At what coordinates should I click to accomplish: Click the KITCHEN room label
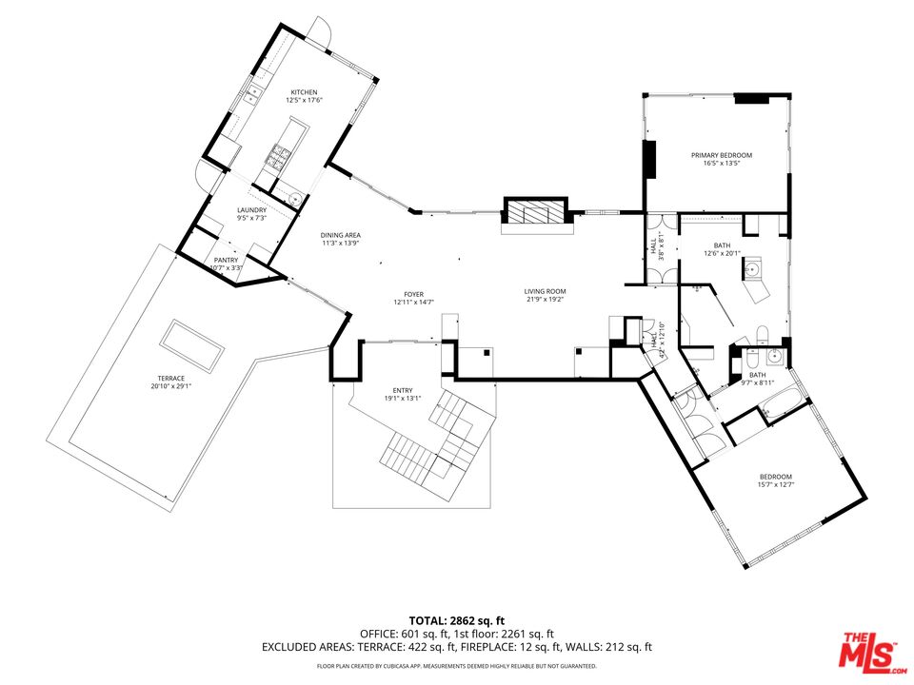click(304, 92)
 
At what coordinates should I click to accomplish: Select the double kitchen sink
click(253, 94)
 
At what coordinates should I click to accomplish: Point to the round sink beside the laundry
click(296, 199)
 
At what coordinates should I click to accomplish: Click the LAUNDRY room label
click(251, 210)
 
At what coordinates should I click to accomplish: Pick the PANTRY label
click(226, 260)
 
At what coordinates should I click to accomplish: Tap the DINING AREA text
click(339, 235)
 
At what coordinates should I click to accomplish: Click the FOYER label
click(413, 295)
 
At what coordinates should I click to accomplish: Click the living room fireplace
click(534, 213)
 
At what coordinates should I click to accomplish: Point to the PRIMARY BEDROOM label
click(721, 155)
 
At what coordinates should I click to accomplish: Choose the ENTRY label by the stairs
click(402, 390)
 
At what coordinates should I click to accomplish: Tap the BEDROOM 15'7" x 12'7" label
click(775, 477)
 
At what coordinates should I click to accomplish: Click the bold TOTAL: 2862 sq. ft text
click(456, 618)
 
